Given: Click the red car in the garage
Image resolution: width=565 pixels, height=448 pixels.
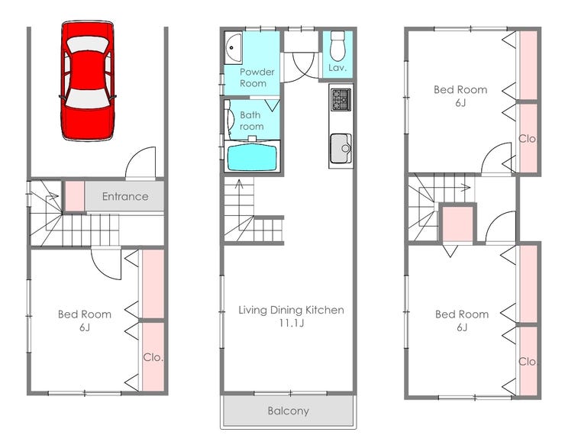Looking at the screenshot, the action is (88, 81).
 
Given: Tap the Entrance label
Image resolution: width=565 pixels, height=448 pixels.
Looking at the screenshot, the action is (125, 196).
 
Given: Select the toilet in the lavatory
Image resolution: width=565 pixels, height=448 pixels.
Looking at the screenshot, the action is (337, 46).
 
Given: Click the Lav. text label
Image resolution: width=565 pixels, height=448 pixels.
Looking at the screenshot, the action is (337, 67).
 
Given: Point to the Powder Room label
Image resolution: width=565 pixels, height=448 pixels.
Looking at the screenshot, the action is (257, 77).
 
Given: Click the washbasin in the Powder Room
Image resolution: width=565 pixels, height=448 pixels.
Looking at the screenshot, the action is (233, 47).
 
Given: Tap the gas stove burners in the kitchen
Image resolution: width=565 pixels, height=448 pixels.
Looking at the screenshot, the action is (341, 99).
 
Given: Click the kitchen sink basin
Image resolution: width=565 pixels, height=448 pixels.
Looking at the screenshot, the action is (341, 149).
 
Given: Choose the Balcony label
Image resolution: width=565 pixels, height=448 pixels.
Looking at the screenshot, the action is (289, 411).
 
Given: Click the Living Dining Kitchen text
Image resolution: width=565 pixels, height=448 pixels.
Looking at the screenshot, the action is (291, 310).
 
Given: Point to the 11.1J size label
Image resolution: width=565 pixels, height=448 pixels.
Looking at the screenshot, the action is (292, 323).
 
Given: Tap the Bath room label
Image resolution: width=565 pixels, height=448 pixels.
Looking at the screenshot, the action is (251, 121).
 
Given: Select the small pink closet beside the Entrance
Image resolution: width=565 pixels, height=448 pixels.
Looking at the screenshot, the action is (75, 196).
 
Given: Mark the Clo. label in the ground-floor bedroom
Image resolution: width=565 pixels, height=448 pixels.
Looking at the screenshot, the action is (153, 358).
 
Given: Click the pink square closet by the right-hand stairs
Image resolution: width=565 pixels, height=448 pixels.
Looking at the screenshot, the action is (457, 224).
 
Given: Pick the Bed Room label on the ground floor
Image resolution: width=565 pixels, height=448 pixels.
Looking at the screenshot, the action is (85, 314).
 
